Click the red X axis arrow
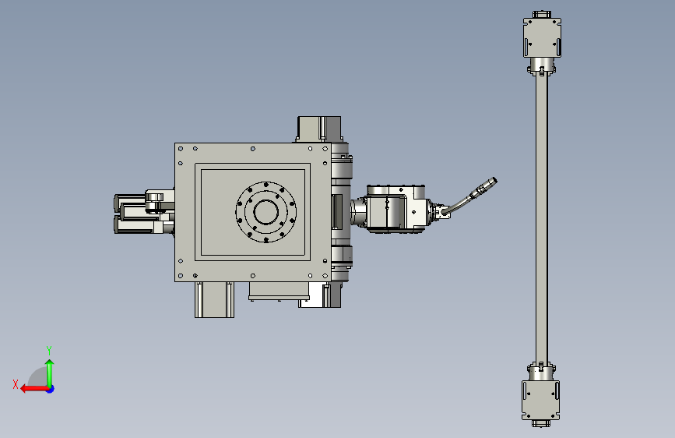[x=34, y=389]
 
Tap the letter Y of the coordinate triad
[x=49, y=350]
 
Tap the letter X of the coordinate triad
[x=16, y=384]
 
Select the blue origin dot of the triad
[x=51, y=389]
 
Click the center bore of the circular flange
[x=266, y=212]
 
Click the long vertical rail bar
[x=542, y=217]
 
